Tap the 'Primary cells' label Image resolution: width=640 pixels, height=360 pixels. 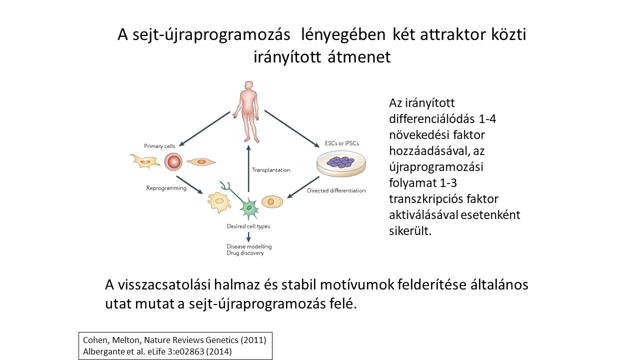[160, 146]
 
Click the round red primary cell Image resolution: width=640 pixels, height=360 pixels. [173, 161]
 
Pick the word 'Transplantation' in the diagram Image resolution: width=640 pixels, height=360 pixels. [271, 170]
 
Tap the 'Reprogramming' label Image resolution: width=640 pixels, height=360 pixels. [166, 188]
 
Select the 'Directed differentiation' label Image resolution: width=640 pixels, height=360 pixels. [336, 190]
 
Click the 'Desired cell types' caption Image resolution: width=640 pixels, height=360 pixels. [248, 226]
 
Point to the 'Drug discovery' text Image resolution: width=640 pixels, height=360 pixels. [245, 253]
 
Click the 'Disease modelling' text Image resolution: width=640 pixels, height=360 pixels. [249, 246]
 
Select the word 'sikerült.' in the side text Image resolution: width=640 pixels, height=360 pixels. [410, 231]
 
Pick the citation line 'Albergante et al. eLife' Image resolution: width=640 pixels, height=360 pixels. [157, 351]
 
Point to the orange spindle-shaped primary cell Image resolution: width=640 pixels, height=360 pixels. [201, 161]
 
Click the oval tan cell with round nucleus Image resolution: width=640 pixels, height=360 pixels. [271, 201]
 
